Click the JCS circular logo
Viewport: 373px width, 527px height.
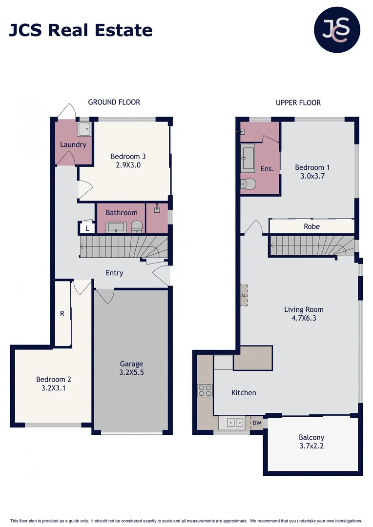tap(336, 30)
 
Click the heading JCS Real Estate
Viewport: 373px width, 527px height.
tap(81, 30)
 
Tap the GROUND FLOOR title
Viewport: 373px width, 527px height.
tap(114, 102)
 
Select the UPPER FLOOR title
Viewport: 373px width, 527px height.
tap(298, 102)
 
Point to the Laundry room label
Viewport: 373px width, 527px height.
tap(73, 144)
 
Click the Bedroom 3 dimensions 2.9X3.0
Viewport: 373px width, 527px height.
tap(128, 165)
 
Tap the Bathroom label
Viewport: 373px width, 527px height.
tap(122, 213)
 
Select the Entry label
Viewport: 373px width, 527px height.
tap(114, 273)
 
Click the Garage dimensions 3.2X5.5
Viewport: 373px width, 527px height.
tap(132, 372)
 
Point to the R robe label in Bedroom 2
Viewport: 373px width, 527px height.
tap(62, 314)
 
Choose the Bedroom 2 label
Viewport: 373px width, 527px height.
tap(54, 379)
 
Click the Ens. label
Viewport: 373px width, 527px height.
tap(267, 169)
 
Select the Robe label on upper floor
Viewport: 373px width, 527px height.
tap(311, 226)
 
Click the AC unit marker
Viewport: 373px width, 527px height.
tap(244, 296)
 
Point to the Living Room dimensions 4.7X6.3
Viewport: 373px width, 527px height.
tap(304, 318)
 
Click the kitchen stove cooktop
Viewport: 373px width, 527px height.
tap(205, 390)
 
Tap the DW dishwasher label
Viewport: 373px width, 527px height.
tap(256, 423)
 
